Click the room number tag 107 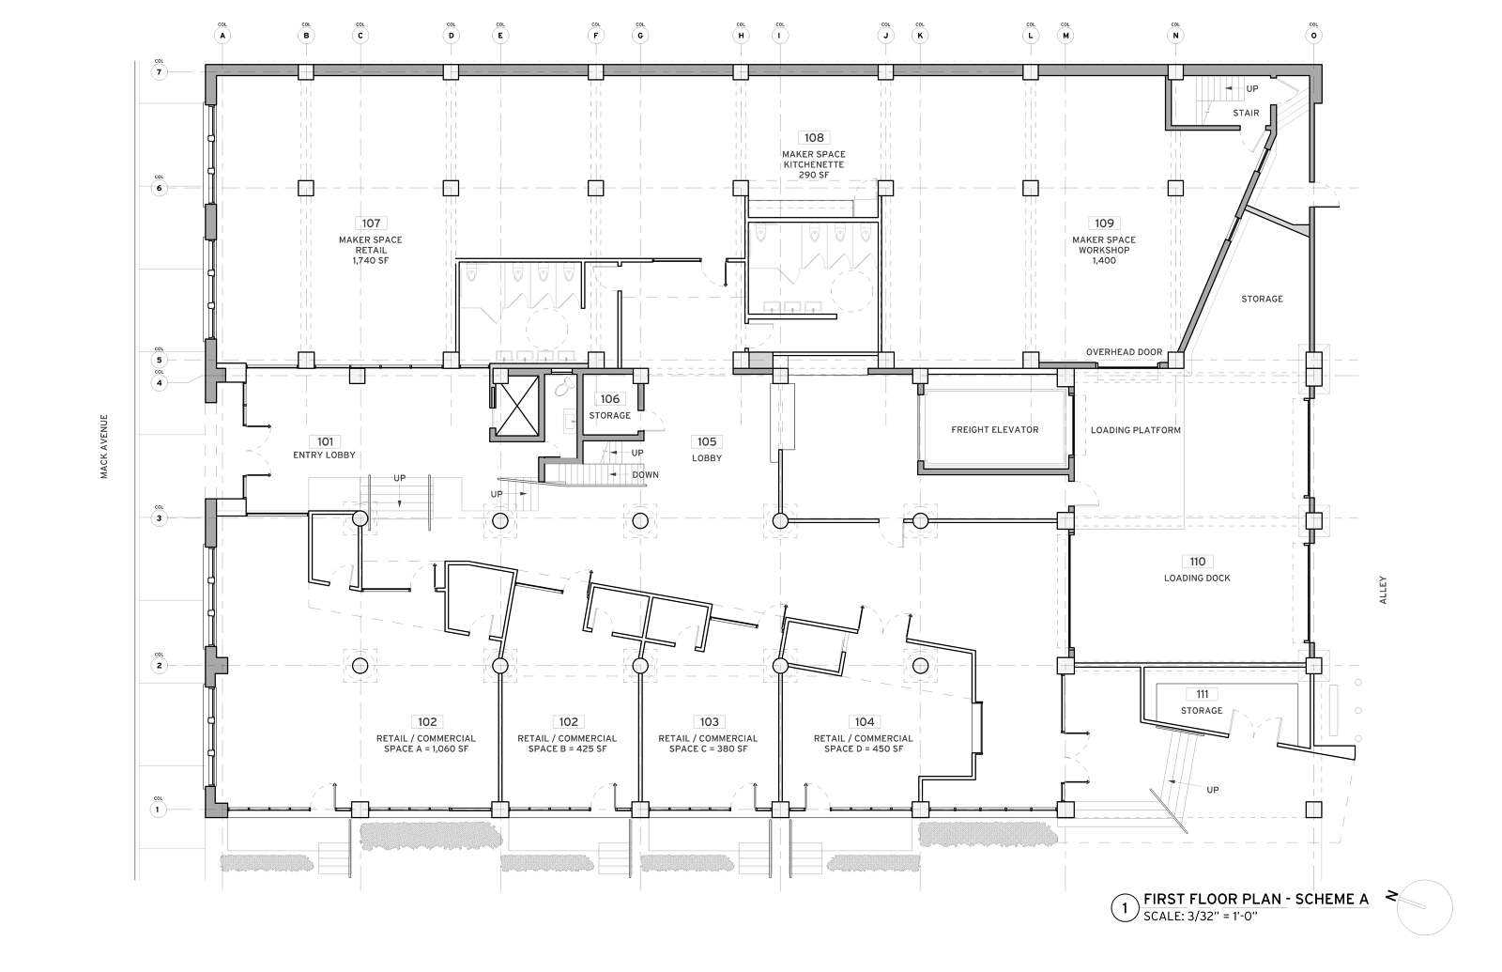(x=371, y=224)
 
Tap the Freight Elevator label (x=994, y=429)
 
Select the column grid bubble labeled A (x=222, y=36)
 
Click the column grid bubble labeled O (x=1313, y=36)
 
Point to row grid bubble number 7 (x=159, y=72)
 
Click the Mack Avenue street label (x=105, y=447)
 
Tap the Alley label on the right (x=1383, y=590)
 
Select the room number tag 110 (x=1197, y=562)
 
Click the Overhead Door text (x=1124, y=352)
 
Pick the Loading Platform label (x=1135, y=430)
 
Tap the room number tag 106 (x=610, y=399)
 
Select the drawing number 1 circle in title (x=1122, y=908)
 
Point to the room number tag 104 (x=864, y=721)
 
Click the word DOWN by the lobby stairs (x=645, y=475)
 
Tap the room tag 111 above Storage (x=1202, y=694)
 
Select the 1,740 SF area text (x=371, y=261)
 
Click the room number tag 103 (x=709, y=721)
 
